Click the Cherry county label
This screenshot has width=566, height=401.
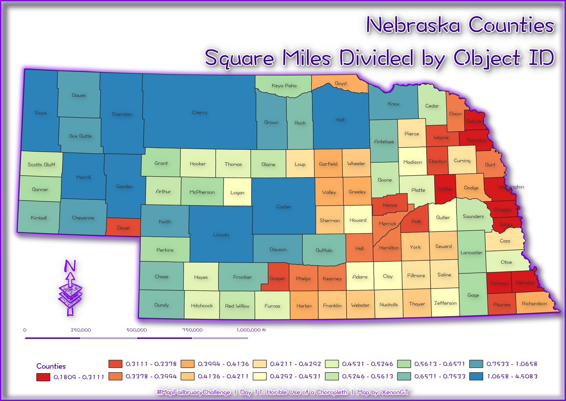tap(200, 113)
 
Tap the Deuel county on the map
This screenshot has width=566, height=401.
tap(123, 227)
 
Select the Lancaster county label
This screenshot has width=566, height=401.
tap(472, 253)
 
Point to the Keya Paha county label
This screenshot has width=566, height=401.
tap(284, 86)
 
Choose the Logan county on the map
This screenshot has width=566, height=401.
tap(237, 193)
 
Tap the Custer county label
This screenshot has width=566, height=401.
tap(283, 207)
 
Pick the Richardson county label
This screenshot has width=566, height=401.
tap(534, 304)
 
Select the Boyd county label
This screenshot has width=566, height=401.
tap(341, 84)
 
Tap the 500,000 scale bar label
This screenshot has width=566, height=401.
tap(136, 330)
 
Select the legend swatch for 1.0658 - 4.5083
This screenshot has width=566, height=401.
tap(479, 376)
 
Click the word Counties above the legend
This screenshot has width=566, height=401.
tap(51, 366)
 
